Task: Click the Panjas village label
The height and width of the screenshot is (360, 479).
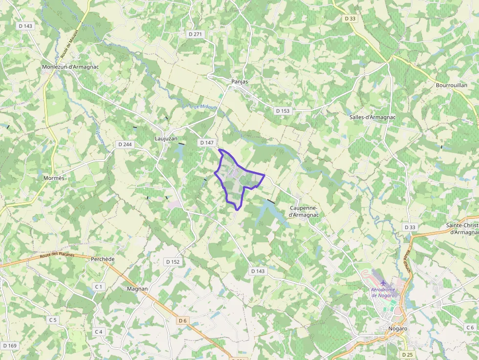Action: tap(239, 82)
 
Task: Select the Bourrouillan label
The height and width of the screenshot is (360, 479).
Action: tap(451, 85)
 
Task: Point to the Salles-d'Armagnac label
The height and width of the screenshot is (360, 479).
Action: tap(372, 117)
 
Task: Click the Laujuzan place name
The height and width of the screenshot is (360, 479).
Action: tap(166, 139)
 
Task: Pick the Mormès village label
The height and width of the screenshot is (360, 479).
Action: tap(54, 178)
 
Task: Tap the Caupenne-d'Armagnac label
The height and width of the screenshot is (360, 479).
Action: tap(304, 212)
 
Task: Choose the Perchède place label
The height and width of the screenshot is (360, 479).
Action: tap(103, 259)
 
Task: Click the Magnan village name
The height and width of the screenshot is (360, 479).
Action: tap(137, 289)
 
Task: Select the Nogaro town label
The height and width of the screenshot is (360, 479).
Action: tap(397, 329)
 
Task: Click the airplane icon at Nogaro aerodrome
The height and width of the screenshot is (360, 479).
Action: tap(383, 283)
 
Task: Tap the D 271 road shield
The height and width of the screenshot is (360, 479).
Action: tap(196, 34)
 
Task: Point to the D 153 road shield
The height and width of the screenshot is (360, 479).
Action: tap(283, 111)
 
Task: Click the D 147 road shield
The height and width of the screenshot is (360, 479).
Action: tap(207, 143)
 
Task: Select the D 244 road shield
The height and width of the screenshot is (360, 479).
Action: tap(125, 145)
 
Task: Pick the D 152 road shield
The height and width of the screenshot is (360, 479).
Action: tap(173, 262)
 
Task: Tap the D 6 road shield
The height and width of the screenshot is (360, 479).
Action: tap(183, 320)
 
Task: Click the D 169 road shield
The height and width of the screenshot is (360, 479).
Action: tap(9, 346)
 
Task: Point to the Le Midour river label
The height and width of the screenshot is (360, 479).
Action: tap(204, 107)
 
